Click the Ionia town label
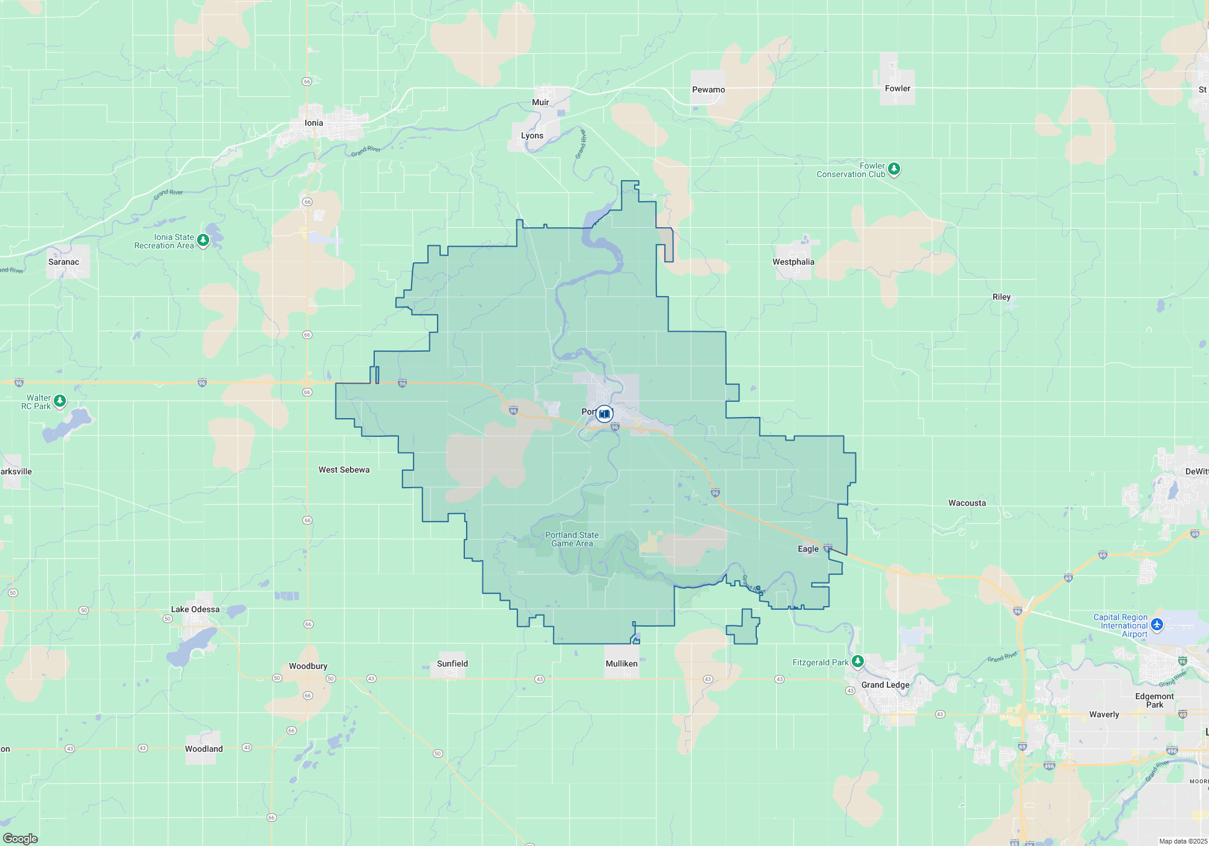314,123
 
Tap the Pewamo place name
708,89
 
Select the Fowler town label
897,88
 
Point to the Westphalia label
793,262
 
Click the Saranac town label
63,262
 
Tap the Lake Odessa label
195,609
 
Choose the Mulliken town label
621,664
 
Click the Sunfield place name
452,664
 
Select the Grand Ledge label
885,685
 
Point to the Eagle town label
808,549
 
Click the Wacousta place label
967,503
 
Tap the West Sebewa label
344,470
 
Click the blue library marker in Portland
604,414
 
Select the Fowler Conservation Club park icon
894,169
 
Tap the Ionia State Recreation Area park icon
203,241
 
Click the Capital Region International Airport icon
1156,625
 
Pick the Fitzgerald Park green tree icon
857,662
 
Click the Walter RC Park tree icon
59,401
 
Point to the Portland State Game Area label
572,539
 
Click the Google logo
21,838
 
